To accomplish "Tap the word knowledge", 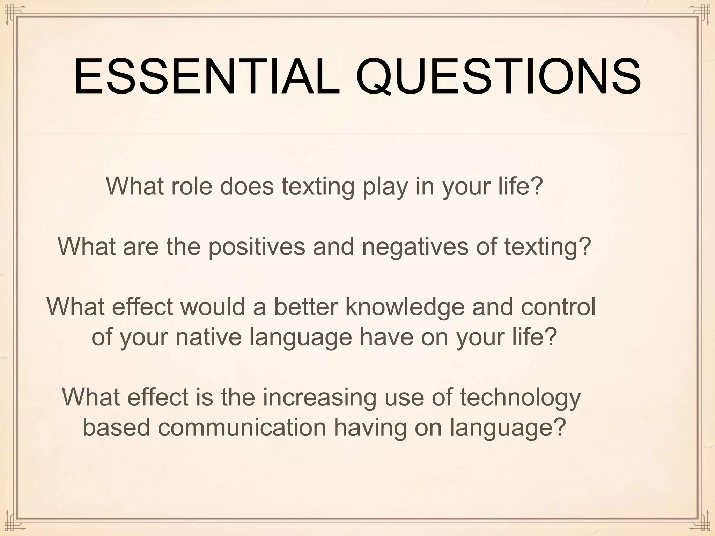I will (x=405, y=307).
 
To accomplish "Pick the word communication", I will (x=242, y=427).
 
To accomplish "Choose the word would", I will (x=213, y=307).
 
